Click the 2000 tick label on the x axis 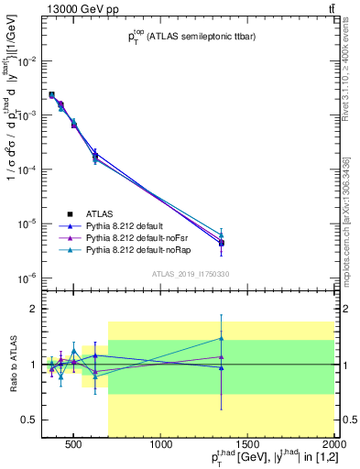click(x=333, y=446)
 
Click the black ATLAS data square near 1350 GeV click(x=221, y=244)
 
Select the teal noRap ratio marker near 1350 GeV click(x=221, y=338)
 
